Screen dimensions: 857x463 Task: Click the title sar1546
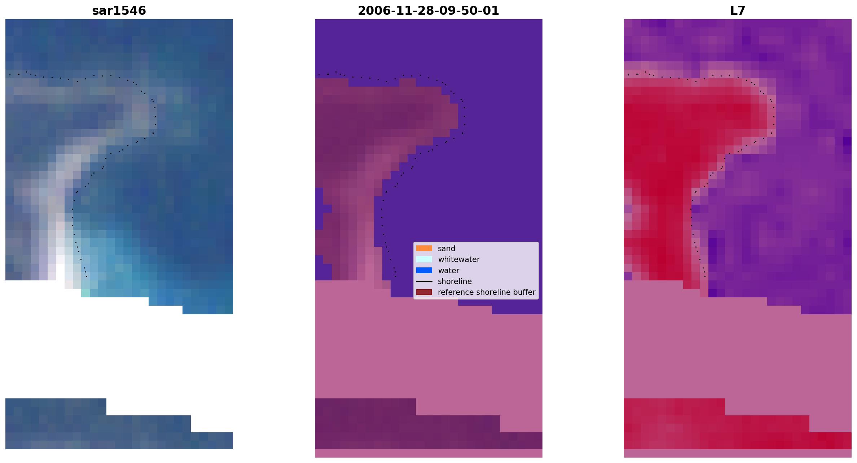tap(119, 11)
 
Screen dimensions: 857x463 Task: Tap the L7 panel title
tap(738, 11)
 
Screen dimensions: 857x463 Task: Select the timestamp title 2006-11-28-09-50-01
tap(428, 11)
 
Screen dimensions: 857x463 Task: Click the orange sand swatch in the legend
tap(424, 248)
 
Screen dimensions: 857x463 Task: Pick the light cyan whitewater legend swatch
tap(424, 259)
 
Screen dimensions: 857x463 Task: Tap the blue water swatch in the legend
tap(424, 270)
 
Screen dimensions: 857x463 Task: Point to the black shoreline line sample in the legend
tap(424, 281)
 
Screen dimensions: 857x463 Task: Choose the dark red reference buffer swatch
tap(424, 292)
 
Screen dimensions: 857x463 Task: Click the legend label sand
tap(447, 249)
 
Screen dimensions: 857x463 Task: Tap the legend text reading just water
tap(448, 271)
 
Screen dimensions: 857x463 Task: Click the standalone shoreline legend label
tap(455, 281)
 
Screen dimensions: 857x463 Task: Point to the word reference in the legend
tap(453, 292)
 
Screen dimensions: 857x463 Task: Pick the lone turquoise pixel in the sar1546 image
tap(85, 293)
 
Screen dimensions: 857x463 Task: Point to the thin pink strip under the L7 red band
tap(738, 453)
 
